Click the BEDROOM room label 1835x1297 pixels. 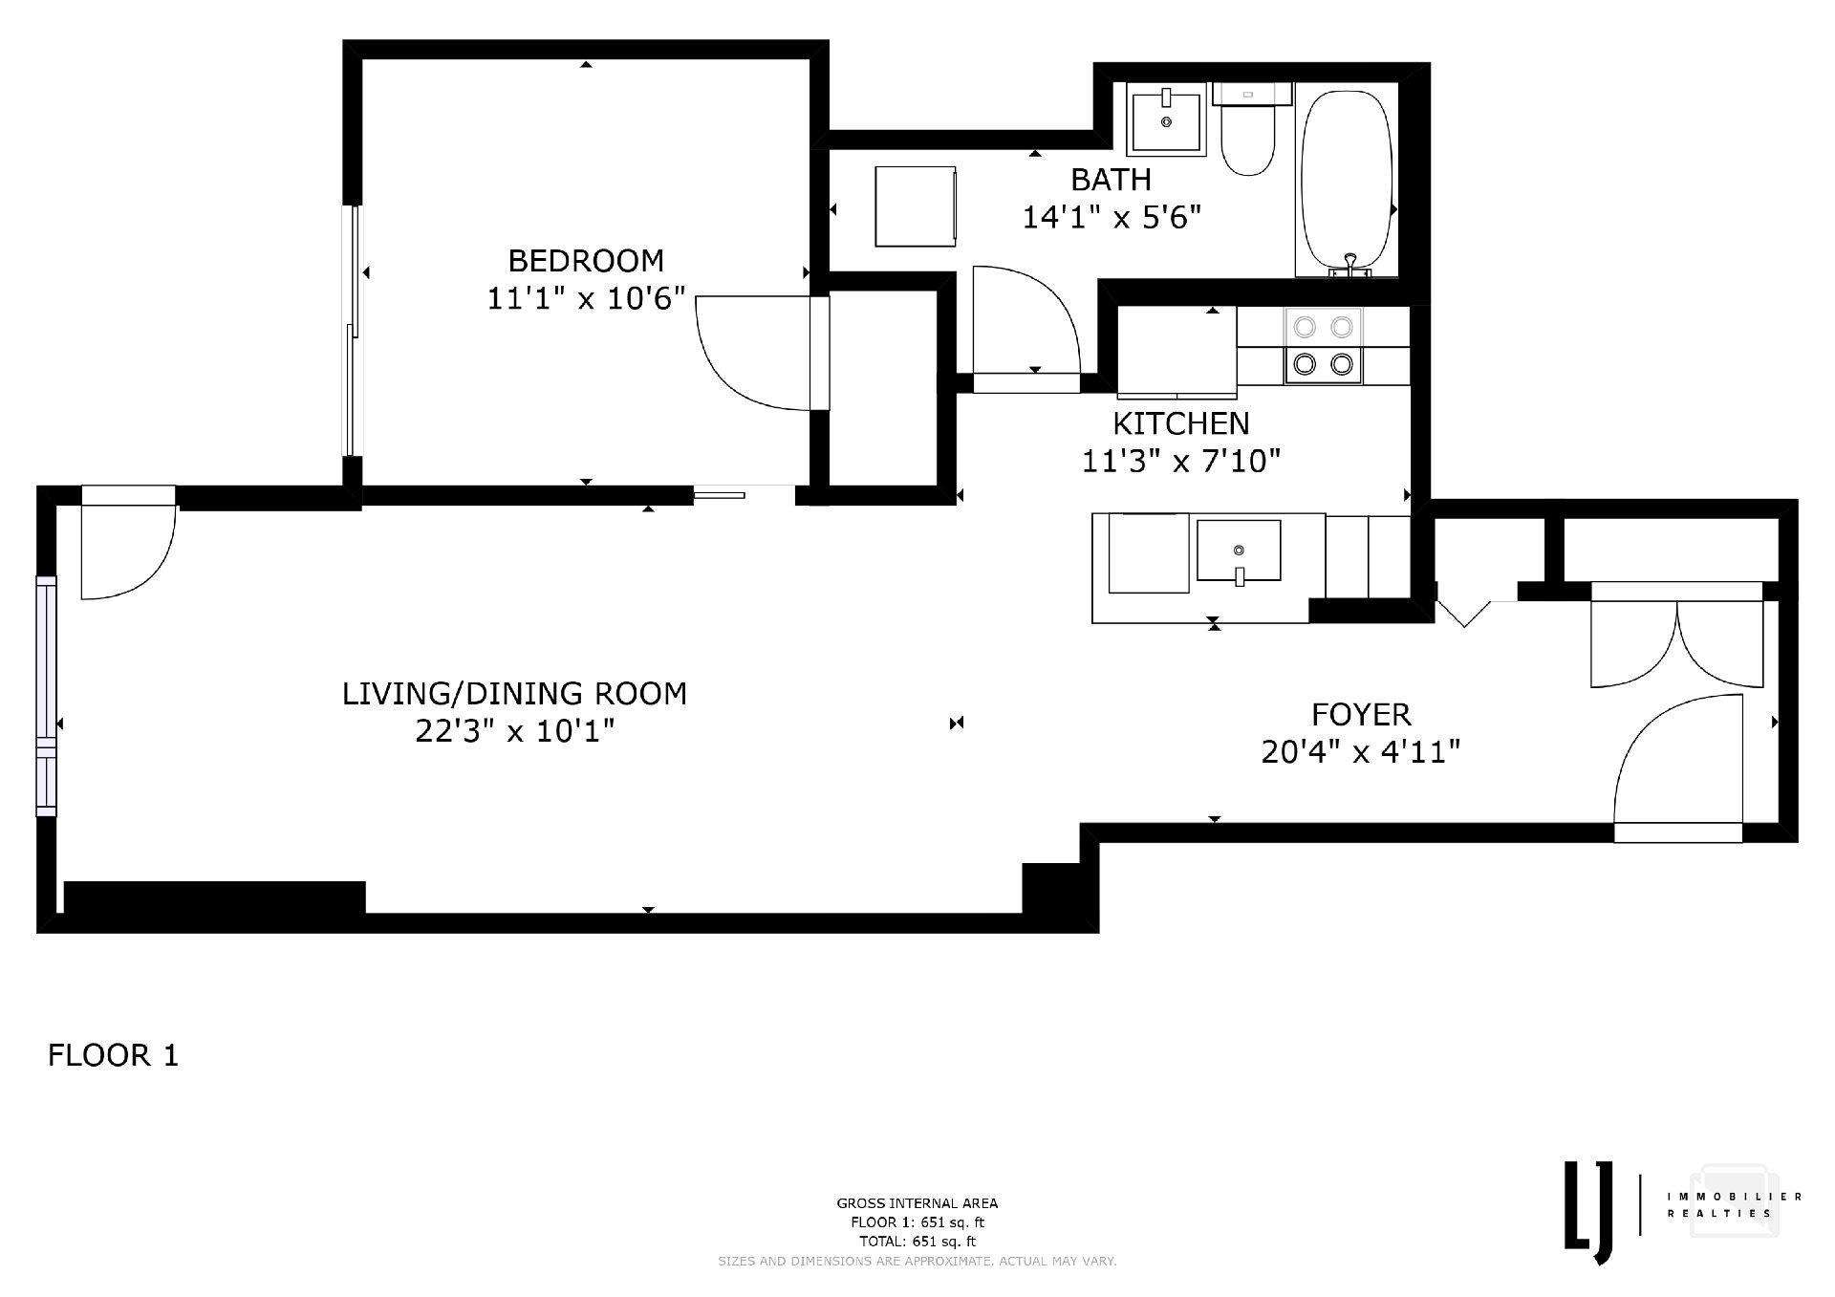[585, 260]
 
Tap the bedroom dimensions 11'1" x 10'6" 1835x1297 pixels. [586, 299]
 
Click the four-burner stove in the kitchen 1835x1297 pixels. [1324, 345]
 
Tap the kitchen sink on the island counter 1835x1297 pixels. [1238, 551]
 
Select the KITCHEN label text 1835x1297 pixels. [1180, 422]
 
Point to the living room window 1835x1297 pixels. [46, 696]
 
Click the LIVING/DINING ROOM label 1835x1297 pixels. [514, 693]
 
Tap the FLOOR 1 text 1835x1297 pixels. [113, 1056]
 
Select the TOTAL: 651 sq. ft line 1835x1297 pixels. [917, 1242]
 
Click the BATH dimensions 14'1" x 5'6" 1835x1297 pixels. [1111, 218]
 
